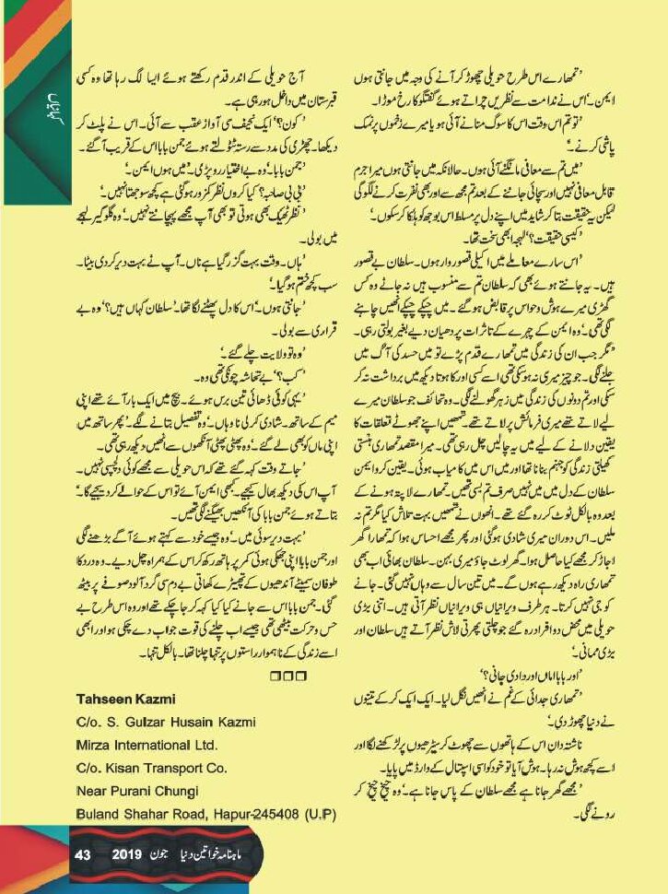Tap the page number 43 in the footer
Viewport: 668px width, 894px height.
(82, 856)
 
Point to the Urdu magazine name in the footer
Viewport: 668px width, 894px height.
(230, 856)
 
